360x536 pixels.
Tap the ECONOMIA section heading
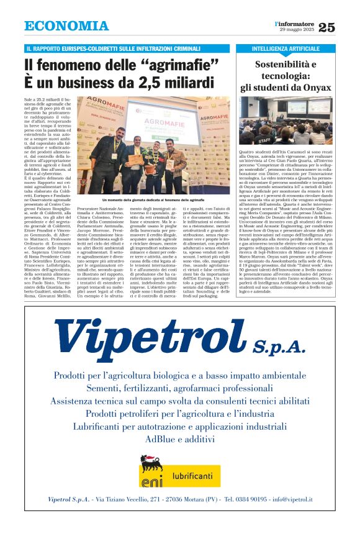[66, 26]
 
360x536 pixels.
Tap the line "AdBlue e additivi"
[180, 438]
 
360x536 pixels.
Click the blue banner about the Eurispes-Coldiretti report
[125, 48]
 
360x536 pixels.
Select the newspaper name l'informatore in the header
[294, 23]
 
